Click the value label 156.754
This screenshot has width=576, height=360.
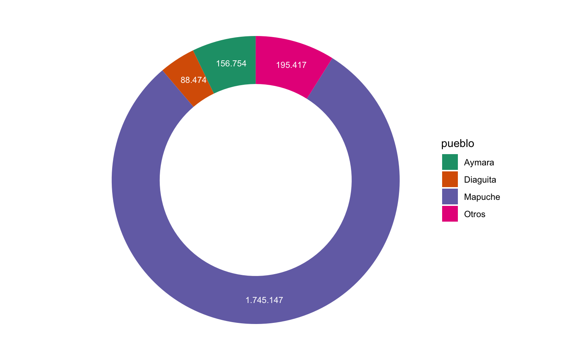(x=231, y=64)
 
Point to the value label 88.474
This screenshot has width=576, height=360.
(x=193, y=80)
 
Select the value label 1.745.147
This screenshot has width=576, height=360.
(x=264, y=300)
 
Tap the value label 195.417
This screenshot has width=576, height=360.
(x=291, y=65)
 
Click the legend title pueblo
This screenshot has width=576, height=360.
(x=457, y=144)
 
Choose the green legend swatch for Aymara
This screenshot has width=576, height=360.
(x=450, y=162)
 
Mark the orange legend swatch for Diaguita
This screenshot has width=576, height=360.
(x=450, y=179)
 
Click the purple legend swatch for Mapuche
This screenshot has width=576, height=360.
(x=450, y=196)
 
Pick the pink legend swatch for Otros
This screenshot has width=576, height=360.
(x=450, y=214)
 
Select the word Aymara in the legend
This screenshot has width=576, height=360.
(x=479, y=162)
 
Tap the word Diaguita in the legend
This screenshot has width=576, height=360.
(x=480, y=180)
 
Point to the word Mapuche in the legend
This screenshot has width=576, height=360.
(x=482, y=197)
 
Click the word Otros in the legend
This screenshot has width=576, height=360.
(x=475, y=214)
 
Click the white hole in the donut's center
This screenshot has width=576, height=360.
(x=256, y=180)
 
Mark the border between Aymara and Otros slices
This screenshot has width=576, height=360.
(x=256, y=60)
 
